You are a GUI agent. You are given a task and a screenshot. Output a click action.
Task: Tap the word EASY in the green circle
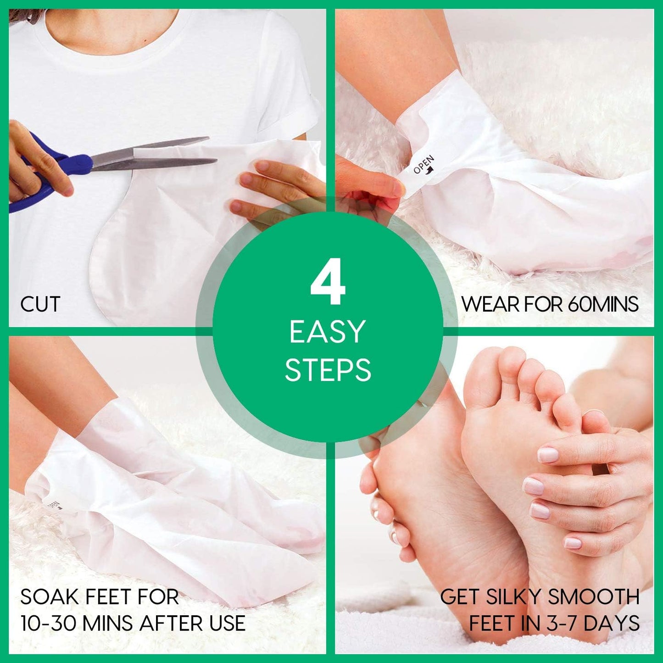(x=327, y=332)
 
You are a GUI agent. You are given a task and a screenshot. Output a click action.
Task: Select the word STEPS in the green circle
(x=328, y=370)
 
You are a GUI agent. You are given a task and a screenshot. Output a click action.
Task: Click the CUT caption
(x=40, y=304)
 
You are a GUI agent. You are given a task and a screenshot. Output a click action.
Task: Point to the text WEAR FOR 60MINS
(x=550, y=304)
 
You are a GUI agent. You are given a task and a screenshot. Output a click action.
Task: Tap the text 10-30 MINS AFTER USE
(x=133, y=623)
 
